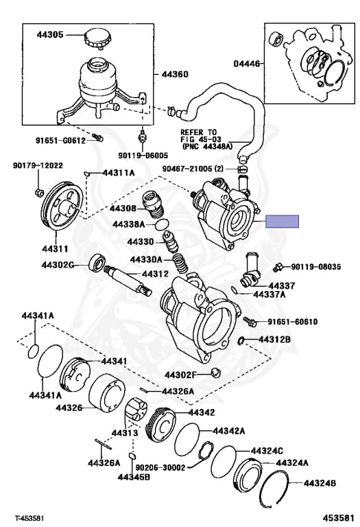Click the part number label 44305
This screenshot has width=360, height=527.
click(49, 34)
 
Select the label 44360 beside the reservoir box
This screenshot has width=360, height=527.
click(175, 74)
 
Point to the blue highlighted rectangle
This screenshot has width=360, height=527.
click(282, 221)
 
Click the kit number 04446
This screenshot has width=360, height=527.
click(247, 63)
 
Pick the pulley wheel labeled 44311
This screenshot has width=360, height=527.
click(62, 206)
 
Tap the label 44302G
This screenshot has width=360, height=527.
click(58, 265)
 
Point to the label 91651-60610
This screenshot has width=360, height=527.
click(293, 322)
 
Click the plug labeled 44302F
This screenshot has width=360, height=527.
click(215, 372)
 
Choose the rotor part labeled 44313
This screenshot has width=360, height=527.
click(136, 408)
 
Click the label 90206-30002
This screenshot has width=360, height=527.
click(160, 467)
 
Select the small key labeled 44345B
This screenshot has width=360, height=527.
click(132, 456)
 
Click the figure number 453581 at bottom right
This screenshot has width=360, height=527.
click(339, 517)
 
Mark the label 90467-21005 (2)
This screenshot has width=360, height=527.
click(193, 169)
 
